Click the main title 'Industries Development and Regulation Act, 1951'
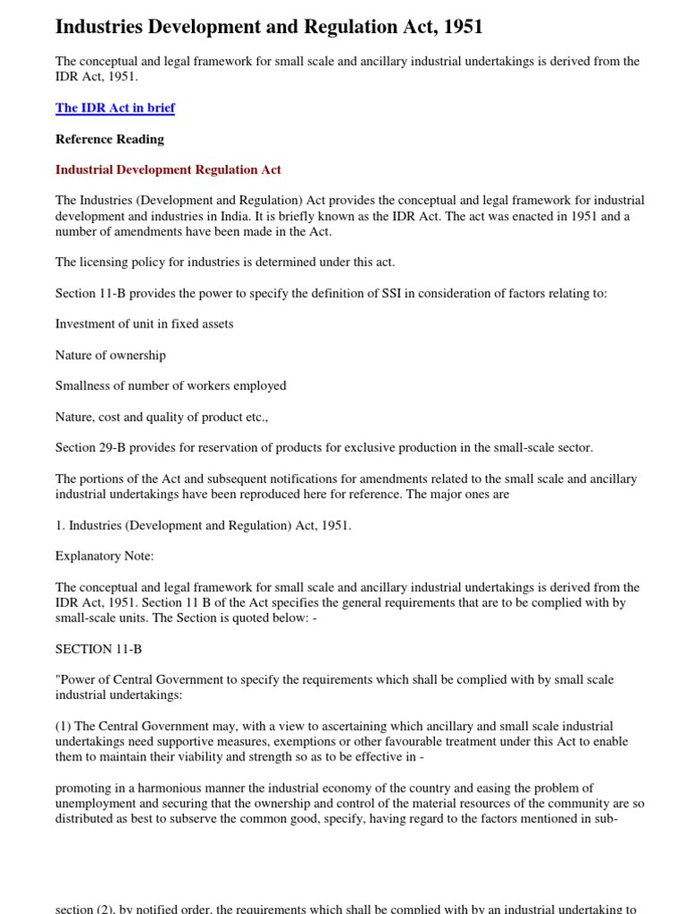[x=269, y=27]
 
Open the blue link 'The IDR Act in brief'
[x=115, y=108]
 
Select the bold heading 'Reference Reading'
[x=110, y=139]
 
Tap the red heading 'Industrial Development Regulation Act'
[x=168, y=170]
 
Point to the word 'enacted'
[x=499, y=216]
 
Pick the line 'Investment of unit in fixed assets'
[x=144, y=324]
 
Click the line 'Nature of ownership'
[x=111, y=355]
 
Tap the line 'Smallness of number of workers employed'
[x=171, y=386]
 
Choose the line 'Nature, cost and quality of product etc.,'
[x=162, y=417]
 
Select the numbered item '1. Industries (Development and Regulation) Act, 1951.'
[x=203, y=525]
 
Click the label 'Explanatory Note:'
[x=105, y=556]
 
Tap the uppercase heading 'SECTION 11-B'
[x=98, y=649]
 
